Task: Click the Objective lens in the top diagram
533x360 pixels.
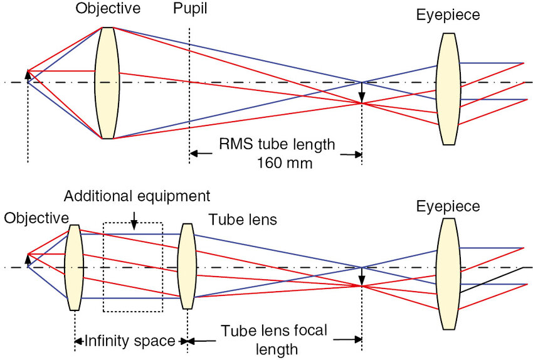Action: click(107, 83)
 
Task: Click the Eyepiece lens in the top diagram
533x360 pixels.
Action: click(448, 89)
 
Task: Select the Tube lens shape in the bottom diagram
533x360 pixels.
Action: click(186, 267)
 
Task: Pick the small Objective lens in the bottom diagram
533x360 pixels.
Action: click(73, 267)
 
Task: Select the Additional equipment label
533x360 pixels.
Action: click(137, 196)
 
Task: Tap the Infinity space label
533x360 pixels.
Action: click(130, 341)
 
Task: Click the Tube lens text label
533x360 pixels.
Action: click(242, 220)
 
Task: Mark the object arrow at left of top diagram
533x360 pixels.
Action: click(27, 76)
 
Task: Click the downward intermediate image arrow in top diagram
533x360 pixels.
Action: click(361, 93)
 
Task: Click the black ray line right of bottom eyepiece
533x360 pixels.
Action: click(492, 280)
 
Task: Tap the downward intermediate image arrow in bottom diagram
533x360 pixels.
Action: click(361, 276)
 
